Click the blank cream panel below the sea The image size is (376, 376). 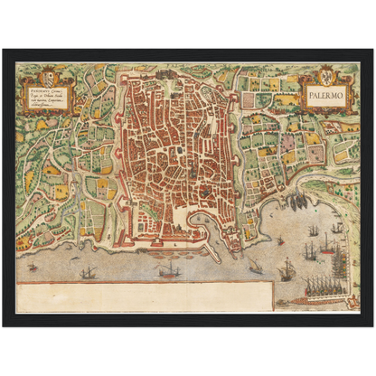(145, 296)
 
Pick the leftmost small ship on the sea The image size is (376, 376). (33, 268)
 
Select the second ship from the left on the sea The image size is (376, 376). (89, 272)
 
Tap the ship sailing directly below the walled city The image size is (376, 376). (168, 270)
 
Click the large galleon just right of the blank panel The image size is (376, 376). (288, 268)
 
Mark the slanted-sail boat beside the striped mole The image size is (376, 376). (257, 265)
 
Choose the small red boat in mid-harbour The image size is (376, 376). (280, 240)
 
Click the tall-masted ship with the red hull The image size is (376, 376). (327, 244)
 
